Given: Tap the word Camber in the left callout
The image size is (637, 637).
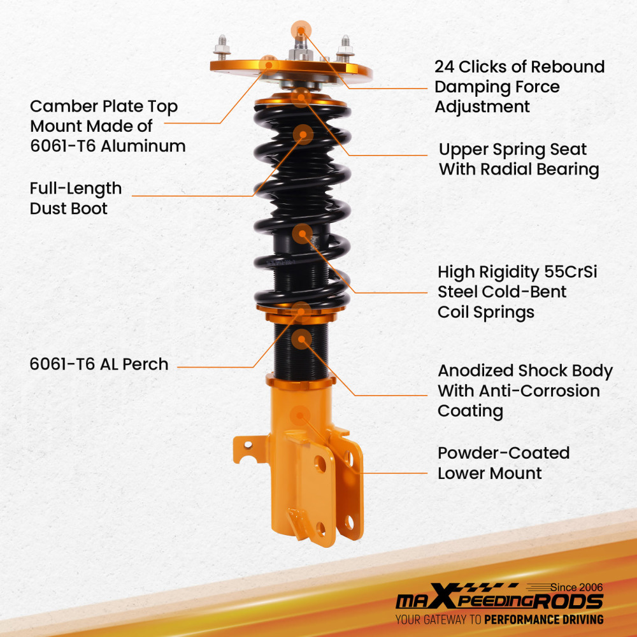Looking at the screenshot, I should coord(62,106).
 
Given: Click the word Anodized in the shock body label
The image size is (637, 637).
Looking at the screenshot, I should coord(475,371).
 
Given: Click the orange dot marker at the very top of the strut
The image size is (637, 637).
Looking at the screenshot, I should coord(301,29).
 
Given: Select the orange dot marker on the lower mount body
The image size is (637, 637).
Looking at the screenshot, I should coord(298,416).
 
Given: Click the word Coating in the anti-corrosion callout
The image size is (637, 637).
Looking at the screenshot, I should coord(470,412).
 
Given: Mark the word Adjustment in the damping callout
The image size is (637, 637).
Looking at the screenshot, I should coord(482,106).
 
